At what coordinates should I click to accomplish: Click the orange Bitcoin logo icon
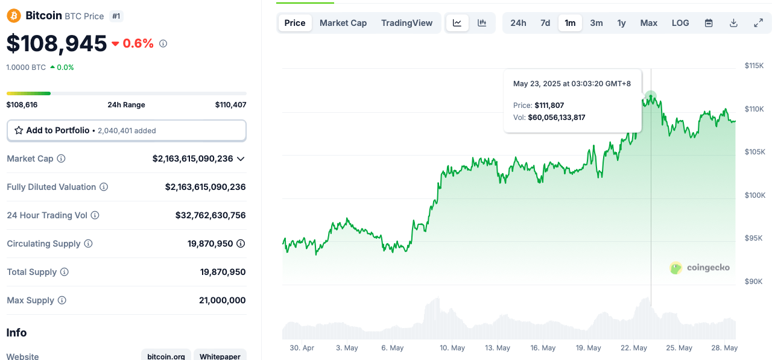pyautogui.click(x=14, y=16)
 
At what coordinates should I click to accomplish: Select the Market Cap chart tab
pyautogui.click(x=343, y=23)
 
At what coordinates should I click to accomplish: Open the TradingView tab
pyautogui.click(x=406, y=23)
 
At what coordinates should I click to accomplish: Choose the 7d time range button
pyautogui.click(x=545, y=23)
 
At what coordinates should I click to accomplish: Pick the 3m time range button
pyautogui.click(x=596, y=23)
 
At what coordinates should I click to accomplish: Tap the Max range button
pyautogui.click(x=648, y=23)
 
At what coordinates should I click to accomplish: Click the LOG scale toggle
pyautogui.click(x=680, y=23)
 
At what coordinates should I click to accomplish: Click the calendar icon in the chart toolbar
pyautogui.click(x=709, y=23)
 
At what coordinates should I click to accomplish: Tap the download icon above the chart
pyautogui.click(x=733, y=23)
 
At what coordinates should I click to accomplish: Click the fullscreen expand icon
pyautogui.click(x=759, y=23)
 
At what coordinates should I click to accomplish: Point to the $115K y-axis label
pyautogui.click(x=754, y=65)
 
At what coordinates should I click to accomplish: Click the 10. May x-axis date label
pyautogui.click(x=452, y=348)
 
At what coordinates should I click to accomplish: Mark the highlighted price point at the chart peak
pyautogui.click(x=650, y=96)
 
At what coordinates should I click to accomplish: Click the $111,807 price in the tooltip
pyautogui.click(x=549, y=106)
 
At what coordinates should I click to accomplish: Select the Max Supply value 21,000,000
pyautogui.click(x=222, y=300)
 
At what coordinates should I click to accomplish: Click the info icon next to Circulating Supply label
pyautogui.click(x=88, y=244)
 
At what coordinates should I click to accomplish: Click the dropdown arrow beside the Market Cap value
pyautogui.click(x=241, y=159)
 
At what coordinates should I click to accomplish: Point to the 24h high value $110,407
pyautogui.click(x=230, y=105)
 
